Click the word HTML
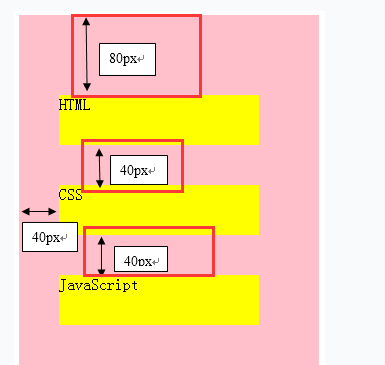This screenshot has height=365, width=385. (74, 104)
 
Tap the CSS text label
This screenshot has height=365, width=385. (70, 194)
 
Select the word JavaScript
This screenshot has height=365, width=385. (98, 285)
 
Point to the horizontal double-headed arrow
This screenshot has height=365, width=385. (39, 211)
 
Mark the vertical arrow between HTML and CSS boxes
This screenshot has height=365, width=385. (100, 167)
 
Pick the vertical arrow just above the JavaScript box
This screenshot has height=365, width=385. (101, 255)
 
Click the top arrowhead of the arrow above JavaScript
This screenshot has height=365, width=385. (101, 240)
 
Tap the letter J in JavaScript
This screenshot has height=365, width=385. (63, 285)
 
